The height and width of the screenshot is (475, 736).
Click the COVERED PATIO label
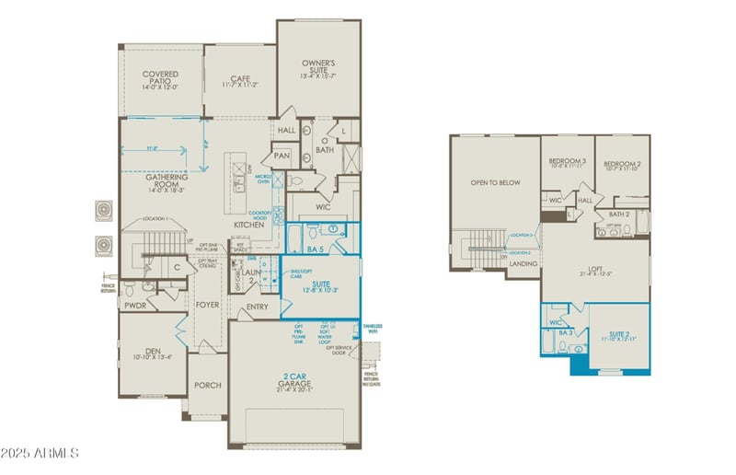[x=160, y=75]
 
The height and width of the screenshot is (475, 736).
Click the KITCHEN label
[x=248, y=224]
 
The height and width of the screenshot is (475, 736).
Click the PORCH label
[x=207, y=385]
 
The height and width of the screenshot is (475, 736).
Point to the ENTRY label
[x=259, y=307]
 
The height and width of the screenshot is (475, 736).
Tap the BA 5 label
[x=315, y=249]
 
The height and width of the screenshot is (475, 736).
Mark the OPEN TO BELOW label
[x=495, y=182]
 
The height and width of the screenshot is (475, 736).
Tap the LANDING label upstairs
[x=523, y=263]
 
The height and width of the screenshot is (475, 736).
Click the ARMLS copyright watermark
[x=40, y=454]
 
